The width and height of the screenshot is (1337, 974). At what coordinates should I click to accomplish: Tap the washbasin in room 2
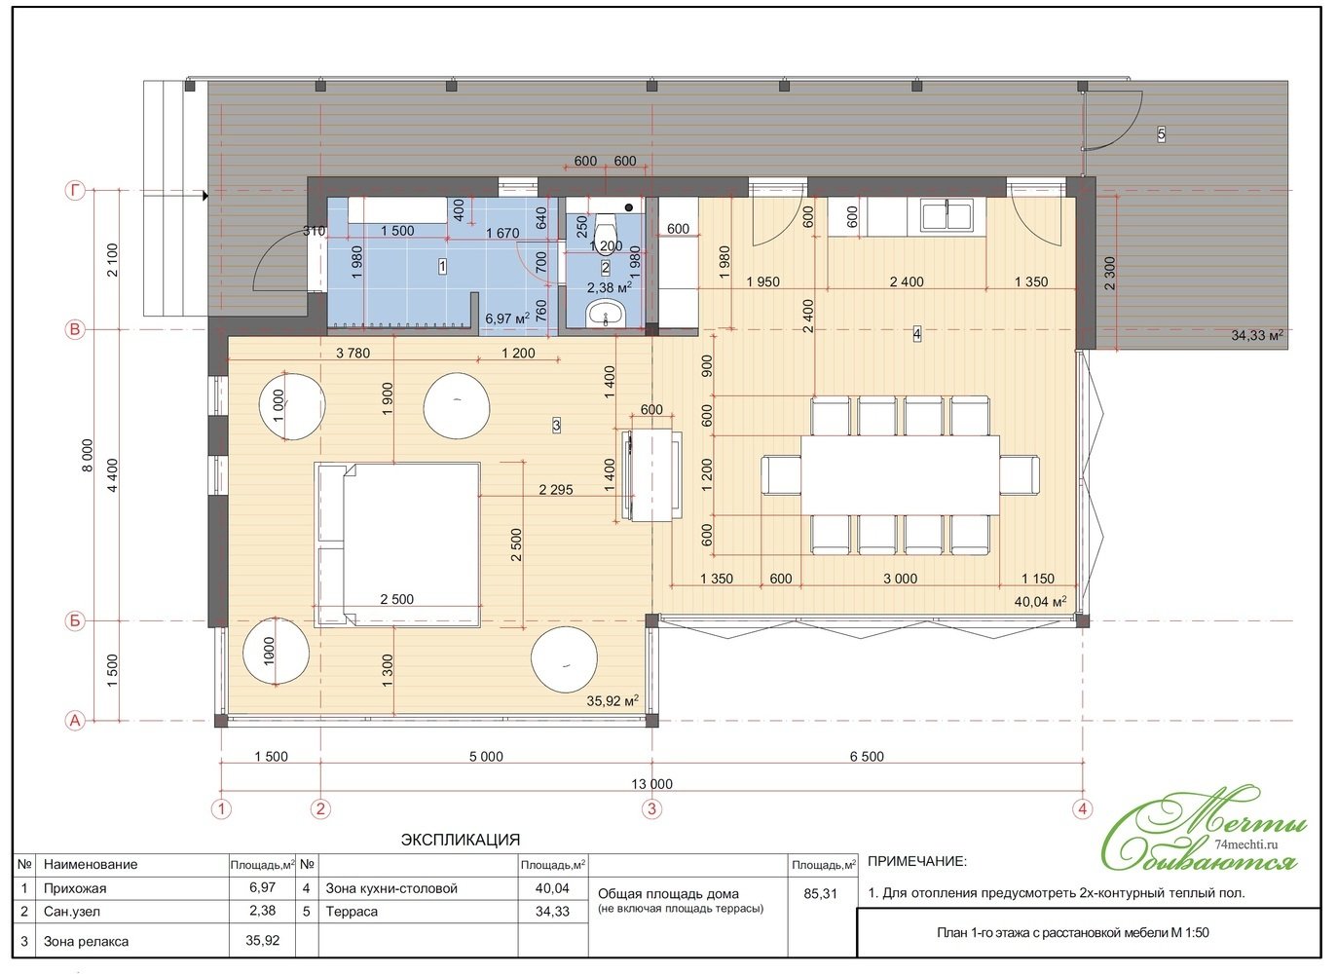pos(607,314)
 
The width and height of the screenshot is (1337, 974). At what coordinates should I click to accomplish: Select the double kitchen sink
pos(947,215)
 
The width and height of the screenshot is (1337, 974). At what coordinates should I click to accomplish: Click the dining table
pos(900,475)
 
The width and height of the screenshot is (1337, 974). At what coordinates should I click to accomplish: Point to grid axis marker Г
pos(75,191)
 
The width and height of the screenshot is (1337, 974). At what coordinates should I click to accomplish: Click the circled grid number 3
pos(651,809)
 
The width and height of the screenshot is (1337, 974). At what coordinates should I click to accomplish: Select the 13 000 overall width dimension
pos(651,784)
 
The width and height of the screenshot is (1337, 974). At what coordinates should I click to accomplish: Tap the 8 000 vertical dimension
pos(88,456)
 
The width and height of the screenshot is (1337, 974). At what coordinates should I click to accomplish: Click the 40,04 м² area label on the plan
pos(1040,601)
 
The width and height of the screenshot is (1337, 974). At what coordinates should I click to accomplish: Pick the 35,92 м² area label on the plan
pos(613,700)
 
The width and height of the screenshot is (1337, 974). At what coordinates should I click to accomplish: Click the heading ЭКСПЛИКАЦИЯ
pos(461,840)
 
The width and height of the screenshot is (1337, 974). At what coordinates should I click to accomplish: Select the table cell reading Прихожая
pos(75,888)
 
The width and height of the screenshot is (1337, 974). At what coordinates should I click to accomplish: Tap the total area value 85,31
pos(820,894)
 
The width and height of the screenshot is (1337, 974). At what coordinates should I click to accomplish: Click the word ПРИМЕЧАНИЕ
pos(916,861)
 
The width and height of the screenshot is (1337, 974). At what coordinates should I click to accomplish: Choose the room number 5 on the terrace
pos(1161,134)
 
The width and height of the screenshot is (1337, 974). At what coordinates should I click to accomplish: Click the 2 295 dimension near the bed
pos(555,490)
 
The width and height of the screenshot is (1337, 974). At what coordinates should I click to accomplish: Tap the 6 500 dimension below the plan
pos(867,757)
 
